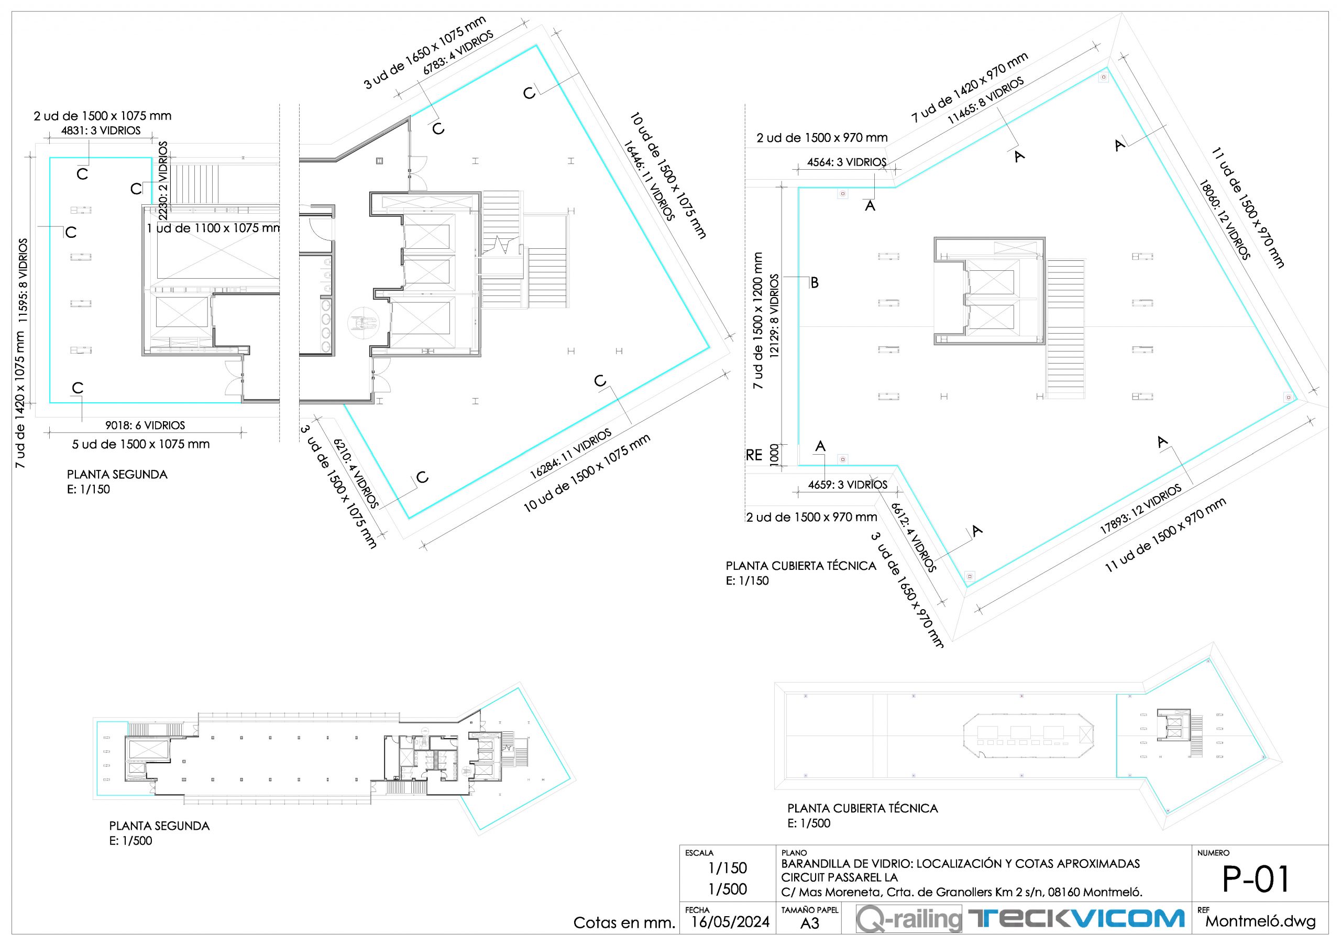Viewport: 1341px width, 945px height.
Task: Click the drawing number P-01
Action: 1255,880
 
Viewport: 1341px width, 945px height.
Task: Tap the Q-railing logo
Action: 909,919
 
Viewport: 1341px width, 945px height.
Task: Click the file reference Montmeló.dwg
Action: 1260,921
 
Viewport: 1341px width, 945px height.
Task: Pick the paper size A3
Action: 809,924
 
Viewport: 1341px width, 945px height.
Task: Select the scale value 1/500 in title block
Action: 727,889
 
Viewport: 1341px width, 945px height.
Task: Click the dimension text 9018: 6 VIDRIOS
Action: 145,425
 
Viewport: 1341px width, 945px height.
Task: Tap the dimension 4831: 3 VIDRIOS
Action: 101,131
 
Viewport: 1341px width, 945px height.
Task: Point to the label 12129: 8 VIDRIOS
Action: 774,315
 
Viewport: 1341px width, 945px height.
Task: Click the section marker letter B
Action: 815,283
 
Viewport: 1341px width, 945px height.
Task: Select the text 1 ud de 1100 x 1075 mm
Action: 213,228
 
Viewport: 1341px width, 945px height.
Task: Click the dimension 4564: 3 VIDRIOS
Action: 847,162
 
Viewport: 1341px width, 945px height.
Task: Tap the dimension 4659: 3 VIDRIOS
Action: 848,485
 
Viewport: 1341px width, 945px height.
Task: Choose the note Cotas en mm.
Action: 624,923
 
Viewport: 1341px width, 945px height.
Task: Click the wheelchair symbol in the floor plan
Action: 364,322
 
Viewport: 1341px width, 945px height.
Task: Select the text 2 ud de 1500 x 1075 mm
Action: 103,116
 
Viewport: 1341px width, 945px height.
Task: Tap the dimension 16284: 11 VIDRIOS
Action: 570,454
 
